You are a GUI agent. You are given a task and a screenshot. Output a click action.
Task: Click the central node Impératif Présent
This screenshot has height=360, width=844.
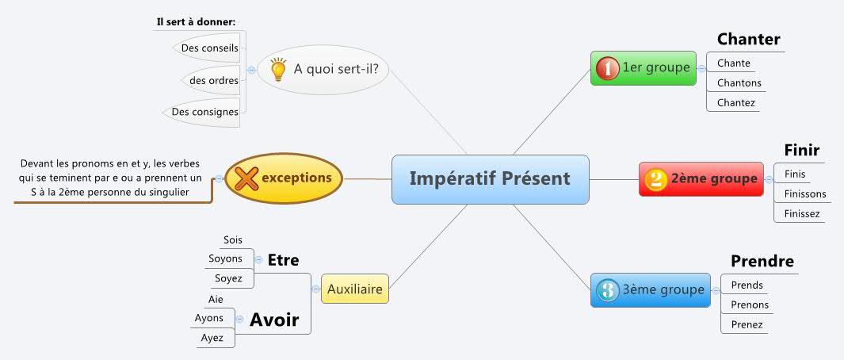pos(490,178)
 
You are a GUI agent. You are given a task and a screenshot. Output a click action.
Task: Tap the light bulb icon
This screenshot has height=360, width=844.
pos(278,69)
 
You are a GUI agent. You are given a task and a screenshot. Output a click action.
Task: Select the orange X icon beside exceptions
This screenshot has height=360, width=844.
pos(246,178)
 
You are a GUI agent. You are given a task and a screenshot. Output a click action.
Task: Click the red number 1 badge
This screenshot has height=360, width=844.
pos(607,68)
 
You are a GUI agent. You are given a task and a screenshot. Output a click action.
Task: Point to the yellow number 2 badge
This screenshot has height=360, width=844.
pos(655,179)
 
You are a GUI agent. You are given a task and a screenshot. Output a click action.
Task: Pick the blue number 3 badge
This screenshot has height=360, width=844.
pos(607,290)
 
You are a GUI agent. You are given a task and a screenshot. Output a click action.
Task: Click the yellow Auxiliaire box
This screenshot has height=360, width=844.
pos(355,289)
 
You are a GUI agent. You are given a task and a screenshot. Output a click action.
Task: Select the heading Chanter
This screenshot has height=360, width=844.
pos(748,40)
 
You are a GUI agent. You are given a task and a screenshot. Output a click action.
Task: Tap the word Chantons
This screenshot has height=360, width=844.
pos(739,82)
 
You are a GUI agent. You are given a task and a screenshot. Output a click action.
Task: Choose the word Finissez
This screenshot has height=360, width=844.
pos(802,213)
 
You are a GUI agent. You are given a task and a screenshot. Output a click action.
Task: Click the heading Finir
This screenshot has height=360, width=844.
pos(801,151)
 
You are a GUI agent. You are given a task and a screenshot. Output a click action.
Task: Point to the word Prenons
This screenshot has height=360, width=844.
pos(750,304)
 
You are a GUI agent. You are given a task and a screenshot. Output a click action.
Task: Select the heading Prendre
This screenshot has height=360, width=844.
pos(762,262)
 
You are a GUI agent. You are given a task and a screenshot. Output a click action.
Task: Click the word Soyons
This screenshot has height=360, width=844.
pos(225,259)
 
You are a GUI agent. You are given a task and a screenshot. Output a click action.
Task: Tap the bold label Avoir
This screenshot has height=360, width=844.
pos(274,320)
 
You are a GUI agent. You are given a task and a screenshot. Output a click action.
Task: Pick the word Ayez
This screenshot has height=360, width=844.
pos(212,338)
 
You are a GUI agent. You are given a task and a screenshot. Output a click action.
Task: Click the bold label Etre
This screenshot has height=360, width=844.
pos(283,260)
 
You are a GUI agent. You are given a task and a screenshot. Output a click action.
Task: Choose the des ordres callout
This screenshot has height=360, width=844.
pos(213,80)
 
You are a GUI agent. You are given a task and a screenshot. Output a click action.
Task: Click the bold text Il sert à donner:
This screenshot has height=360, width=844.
pos(196,21)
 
